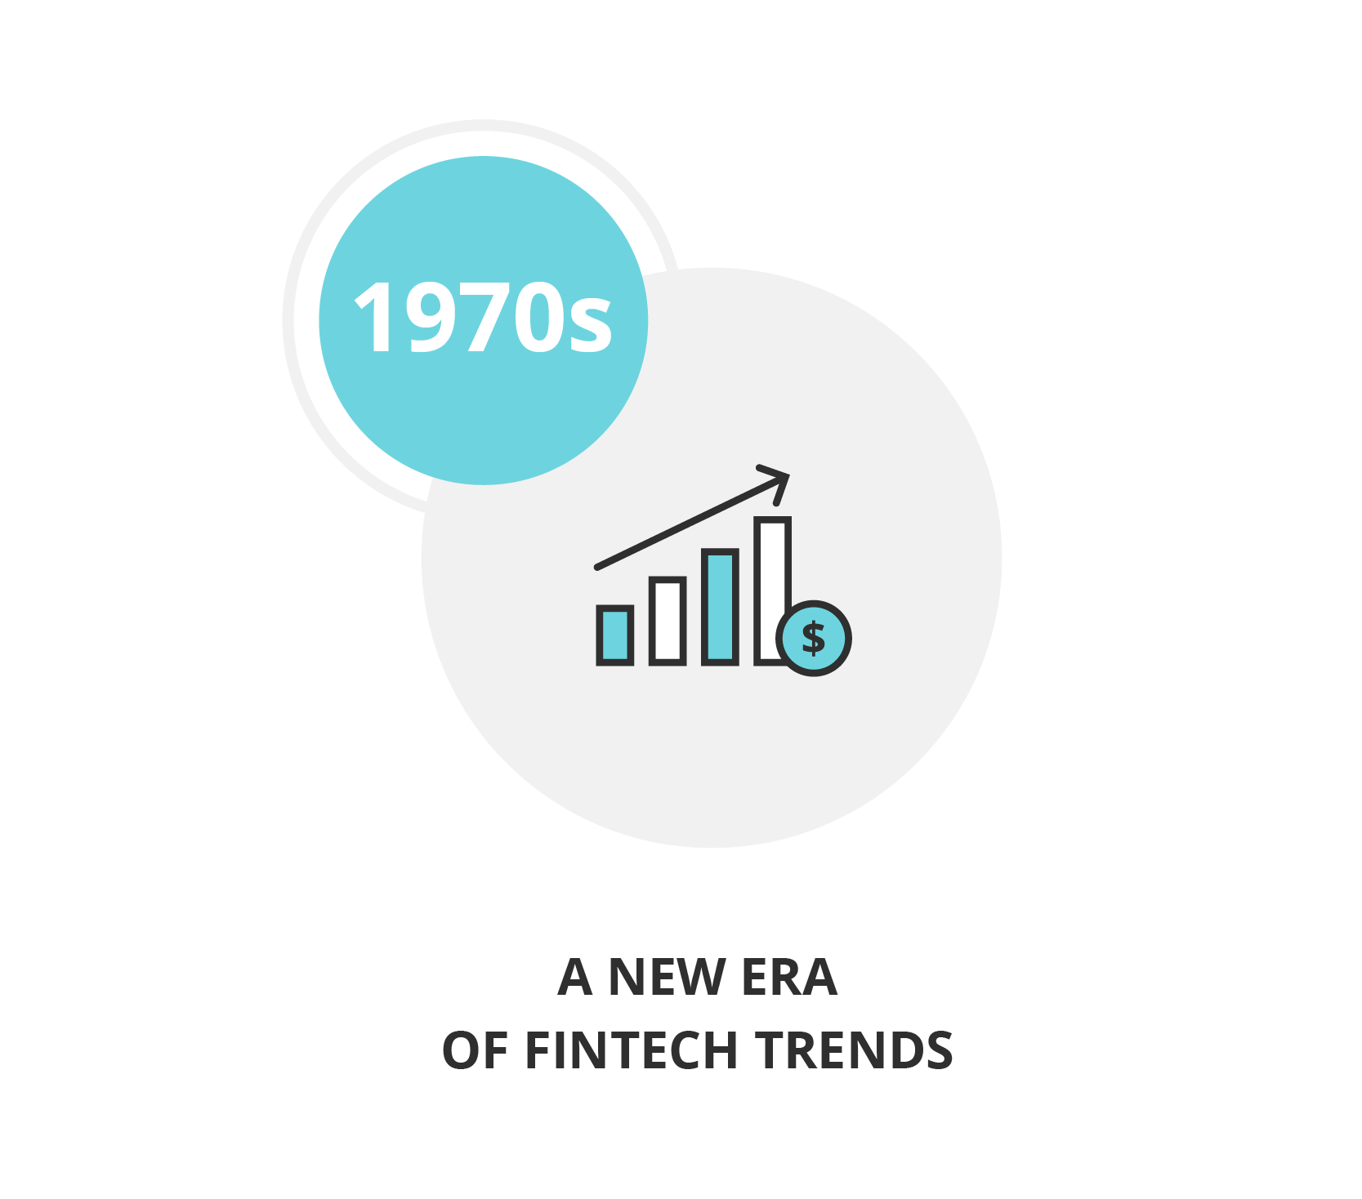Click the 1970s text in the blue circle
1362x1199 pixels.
point(483,317)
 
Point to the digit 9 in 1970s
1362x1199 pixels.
point(430,317)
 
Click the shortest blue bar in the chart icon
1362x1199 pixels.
point(615,635)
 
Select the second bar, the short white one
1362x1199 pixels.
point(668,621)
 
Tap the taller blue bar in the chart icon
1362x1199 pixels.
point(720,606)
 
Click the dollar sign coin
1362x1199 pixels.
point(814,638)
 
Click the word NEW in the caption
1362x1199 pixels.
point(667,977)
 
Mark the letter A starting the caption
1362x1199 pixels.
point(575,977)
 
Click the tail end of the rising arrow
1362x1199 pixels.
point(597,567)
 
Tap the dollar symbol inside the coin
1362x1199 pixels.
point(814,638)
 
